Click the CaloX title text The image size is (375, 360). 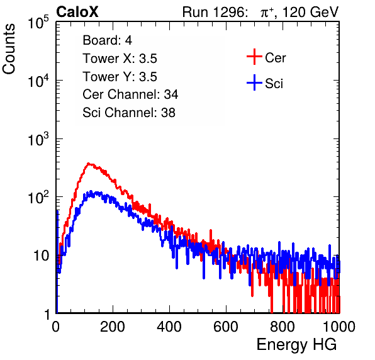coord(77,12)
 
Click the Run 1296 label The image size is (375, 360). coord(215,12)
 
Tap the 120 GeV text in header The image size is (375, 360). coord(310,13)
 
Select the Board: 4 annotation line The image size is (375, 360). coord(108,40)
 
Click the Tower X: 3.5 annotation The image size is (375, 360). coord(120,59)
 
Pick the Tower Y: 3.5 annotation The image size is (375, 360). coord(120,77)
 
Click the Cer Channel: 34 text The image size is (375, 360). coord(130,94)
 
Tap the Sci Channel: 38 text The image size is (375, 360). coord(129,113)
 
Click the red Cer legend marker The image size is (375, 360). coord(254,57)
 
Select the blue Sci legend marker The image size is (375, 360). coord(254,82)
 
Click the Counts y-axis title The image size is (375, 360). coord(9,49)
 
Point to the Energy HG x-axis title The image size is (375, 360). coord(297,345)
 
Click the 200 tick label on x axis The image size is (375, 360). coord(113,327)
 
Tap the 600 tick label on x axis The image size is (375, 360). coord(226,327)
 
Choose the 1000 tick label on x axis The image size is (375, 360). coord(339,327)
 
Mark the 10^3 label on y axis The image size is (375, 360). coord(38,139)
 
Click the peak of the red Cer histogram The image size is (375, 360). coord(88,164)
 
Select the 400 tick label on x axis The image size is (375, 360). coord(169,327)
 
